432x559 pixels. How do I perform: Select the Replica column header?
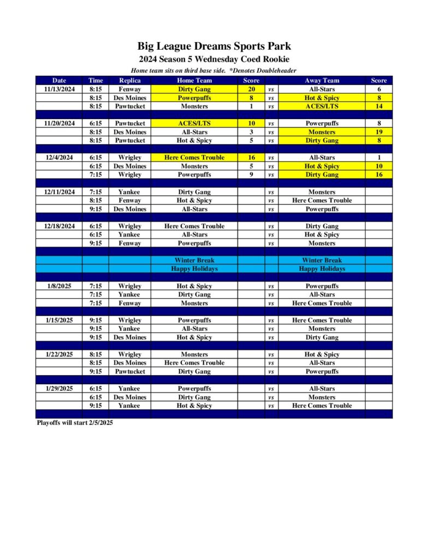(x=130, y=81)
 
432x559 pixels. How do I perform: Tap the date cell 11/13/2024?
(x=59, y=89)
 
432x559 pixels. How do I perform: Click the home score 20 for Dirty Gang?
(x=251, y=89)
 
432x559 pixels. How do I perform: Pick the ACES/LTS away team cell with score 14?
(x=322, y=106)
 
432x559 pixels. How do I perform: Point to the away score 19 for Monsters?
(x=378, y=132)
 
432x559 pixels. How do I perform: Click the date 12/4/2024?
(x=59, y=158)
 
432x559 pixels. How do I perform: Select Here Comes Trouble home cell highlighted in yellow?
(x=194, y=158)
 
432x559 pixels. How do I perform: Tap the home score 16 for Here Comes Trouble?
(x=251, y=158)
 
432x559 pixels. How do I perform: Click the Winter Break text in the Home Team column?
(x=194, y=260)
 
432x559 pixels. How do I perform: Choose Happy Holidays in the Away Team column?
(x=322, y=269)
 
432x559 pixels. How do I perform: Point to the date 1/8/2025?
(x=59, y=286)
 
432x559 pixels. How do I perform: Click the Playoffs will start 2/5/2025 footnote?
(x=75, y=423)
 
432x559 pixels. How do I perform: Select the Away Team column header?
(x=322, y=81)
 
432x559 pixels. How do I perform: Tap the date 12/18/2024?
(x=59, y=226)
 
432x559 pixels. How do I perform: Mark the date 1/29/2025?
(x=59, y=389)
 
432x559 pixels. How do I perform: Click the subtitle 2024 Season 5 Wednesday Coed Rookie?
(x=214, y=60)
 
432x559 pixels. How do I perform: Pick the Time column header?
(x=96, y=81)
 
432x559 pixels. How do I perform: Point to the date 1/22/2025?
(x=59, y=354)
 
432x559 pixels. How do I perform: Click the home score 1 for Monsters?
(x=251, y=106)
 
